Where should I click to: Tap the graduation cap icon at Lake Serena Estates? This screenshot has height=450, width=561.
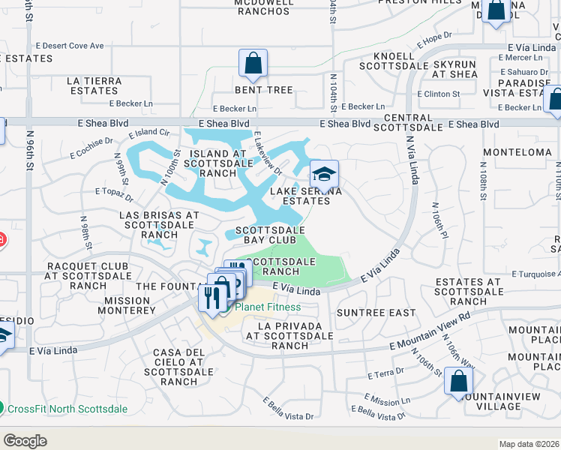tap(324, 175)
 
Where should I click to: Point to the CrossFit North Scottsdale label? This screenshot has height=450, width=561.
tap(67, 409)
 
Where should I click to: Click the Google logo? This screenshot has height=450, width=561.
tap(25, 440)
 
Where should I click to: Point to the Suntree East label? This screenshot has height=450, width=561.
tap(376, 312)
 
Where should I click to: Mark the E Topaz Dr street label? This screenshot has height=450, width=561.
tap(114, 195)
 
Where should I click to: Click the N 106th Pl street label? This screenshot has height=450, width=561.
tap(439, 220)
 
